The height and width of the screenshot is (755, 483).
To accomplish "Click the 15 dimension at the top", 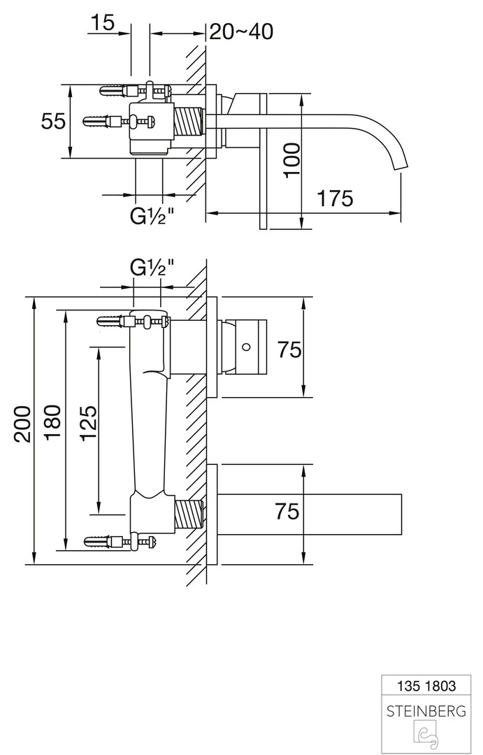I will [x=102, y=22].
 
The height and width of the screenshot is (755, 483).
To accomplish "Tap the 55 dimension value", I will [x=53, y=121].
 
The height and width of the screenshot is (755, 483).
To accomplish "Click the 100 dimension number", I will [x=292, y=159].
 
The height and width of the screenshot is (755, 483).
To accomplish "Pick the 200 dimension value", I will [x=22, y=424].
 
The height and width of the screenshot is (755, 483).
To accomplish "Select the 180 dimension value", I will [x=53, y=424].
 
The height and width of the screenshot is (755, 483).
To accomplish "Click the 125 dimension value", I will [x=88, y=424].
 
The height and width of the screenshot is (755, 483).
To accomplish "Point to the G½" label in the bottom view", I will [x=150, y=266].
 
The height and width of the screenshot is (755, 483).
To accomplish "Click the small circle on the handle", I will [x=246, y=346].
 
